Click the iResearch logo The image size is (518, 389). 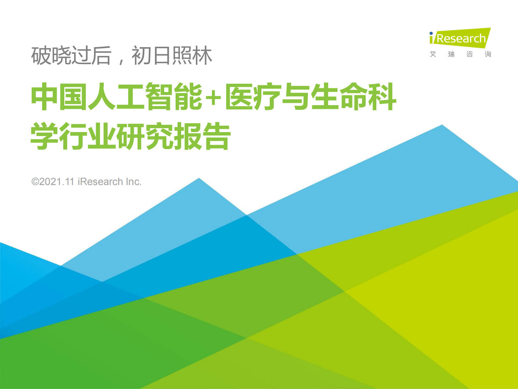coord(460,38)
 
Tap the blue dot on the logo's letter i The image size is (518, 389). coord(431,33)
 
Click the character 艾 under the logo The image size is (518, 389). coord(433,54)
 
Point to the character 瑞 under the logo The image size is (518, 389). coord(451,54)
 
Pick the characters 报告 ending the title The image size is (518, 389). coord(202,136)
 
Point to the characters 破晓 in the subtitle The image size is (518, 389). coord(51,56)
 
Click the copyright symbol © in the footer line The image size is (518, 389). coord(35,182)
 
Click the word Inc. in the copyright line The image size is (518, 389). coord(133,182)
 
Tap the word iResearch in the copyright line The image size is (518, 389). coord(100,182)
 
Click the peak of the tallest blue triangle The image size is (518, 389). coord(442,126)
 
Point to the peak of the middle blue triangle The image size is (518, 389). coord(199,179)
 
